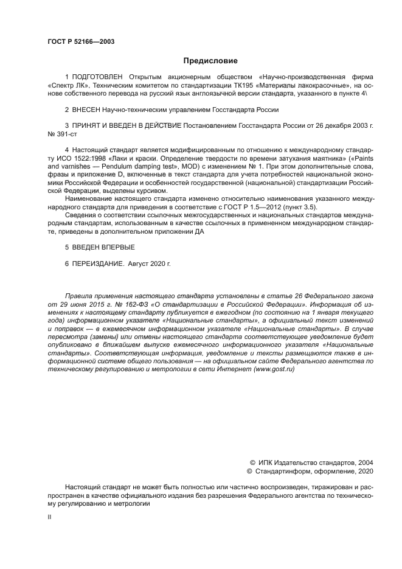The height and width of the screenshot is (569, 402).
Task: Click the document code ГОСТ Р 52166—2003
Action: (81, 41)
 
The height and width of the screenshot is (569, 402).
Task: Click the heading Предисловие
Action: (210, 60)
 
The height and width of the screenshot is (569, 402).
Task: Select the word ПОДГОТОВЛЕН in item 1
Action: (97, 77)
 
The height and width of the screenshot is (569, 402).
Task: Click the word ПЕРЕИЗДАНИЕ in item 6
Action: (97, 264)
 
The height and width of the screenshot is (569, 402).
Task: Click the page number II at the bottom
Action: (49, 517)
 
